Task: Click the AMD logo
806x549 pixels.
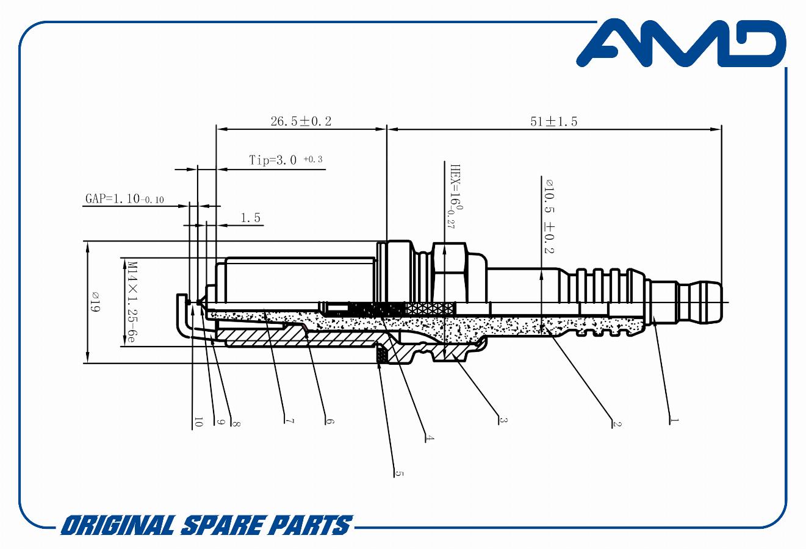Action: (681, 43)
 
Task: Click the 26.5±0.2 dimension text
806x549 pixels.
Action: (301, 121)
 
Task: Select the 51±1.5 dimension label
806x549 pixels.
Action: (553, 121)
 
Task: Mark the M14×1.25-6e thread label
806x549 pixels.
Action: (130, 302)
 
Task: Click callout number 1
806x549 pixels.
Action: (674, 420)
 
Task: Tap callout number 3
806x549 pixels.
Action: (503, 420)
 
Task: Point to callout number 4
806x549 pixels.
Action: (430, 437)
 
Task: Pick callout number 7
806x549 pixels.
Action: (289, 421)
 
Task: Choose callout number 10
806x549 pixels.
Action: (198, 422)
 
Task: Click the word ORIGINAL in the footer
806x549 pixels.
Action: (118, 525)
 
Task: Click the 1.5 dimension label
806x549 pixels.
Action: (250, 217)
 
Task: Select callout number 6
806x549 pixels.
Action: (329, 421)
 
